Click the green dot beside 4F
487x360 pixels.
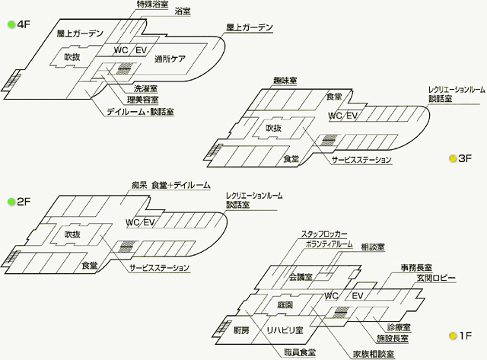coord(11,24)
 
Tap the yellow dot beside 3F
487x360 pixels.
coord(453,158)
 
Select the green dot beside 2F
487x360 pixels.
coord(11,202)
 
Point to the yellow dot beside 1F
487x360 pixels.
coord(454,336)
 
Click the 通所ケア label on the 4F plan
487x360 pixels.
coord(170,59)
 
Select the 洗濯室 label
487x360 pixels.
coord(145,89)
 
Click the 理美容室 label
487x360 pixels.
coord(142,100)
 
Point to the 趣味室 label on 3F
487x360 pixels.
coord(285,81)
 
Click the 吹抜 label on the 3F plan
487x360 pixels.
coord(274,128)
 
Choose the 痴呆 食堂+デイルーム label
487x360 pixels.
coord(170,186)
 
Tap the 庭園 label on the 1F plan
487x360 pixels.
coord(285,305)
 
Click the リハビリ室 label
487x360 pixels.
coord(285,330)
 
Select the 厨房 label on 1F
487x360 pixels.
coord(241,330)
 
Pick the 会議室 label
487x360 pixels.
coord(301,277)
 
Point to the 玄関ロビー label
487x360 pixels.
coord(436,278)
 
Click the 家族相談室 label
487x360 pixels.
coord(374,354)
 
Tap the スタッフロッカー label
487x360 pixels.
coord(324,234)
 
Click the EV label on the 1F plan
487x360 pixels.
coord(358,296)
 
